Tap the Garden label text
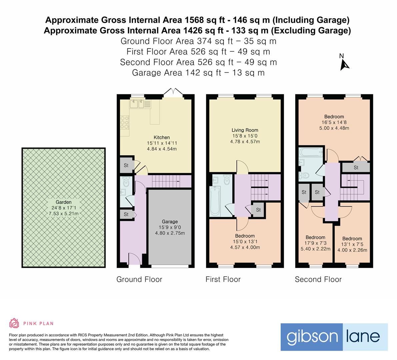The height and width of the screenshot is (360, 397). (x=63, y=202)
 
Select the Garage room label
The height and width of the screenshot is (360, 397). (x=170, y=221)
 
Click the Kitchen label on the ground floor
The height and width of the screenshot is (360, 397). (x=162, y=137)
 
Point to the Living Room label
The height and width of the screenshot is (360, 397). (x=245, y=130)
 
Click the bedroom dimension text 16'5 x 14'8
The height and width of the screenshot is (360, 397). (x=334, y=122)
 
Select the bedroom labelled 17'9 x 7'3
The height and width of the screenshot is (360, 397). (x=315, y=243)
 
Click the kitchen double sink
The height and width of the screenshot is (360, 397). (x=137, y=104)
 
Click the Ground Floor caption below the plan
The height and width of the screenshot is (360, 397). (x=139, y=279)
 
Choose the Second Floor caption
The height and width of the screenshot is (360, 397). (x=318, y=279)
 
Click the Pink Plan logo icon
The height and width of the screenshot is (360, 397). (x=14, y=323)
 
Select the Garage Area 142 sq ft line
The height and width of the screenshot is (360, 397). (x=198, y=73)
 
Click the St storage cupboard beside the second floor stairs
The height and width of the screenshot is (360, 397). (x=356, y=167)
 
